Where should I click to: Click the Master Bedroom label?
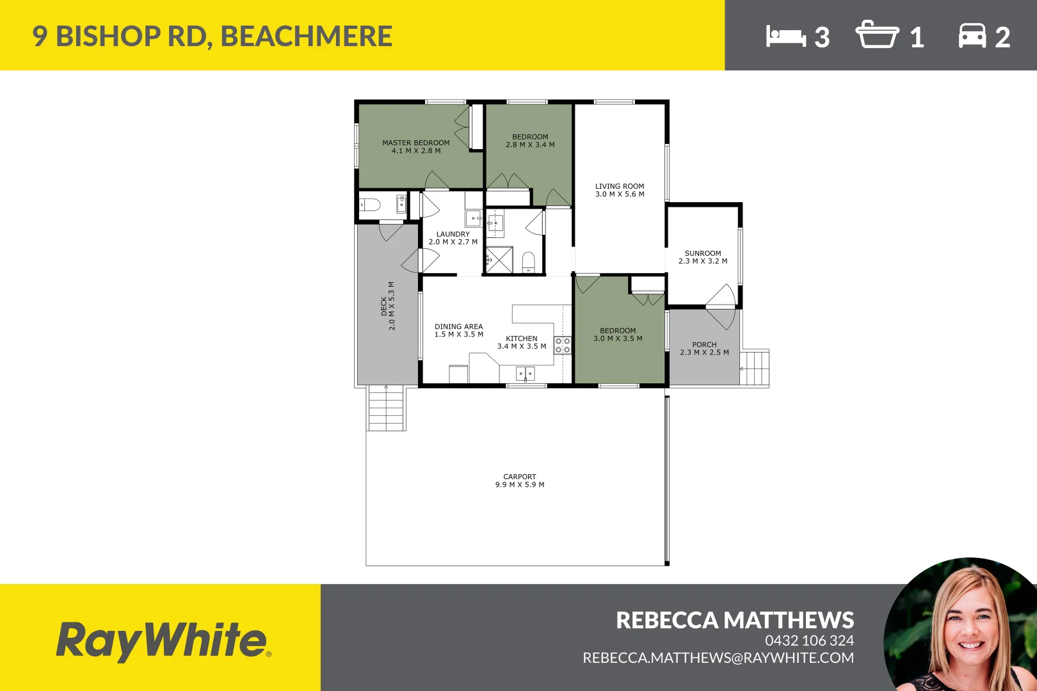[x=416, y=147]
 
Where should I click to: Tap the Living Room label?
[x=620, y=190]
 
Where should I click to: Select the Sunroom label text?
[x=703, y=257]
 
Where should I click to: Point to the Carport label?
[x=520, y=481]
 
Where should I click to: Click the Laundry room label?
[x=453, y=238]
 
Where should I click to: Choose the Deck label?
[x=388, y=306]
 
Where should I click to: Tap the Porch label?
[x=704, y=348]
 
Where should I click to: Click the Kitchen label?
[x=522, y=342]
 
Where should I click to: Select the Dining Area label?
[x=459, y=330]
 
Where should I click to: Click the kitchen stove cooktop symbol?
[x=563, y=345]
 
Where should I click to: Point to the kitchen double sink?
[x=526, y=373]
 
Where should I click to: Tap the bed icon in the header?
[x=785, y=36]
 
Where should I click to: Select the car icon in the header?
[x=972, y=36]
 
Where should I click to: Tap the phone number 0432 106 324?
[x=809, y=640]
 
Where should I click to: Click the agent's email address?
[x=718, y=658]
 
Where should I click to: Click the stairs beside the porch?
[x=755, y=368]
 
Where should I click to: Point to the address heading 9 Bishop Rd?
[x=213, y=36]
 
